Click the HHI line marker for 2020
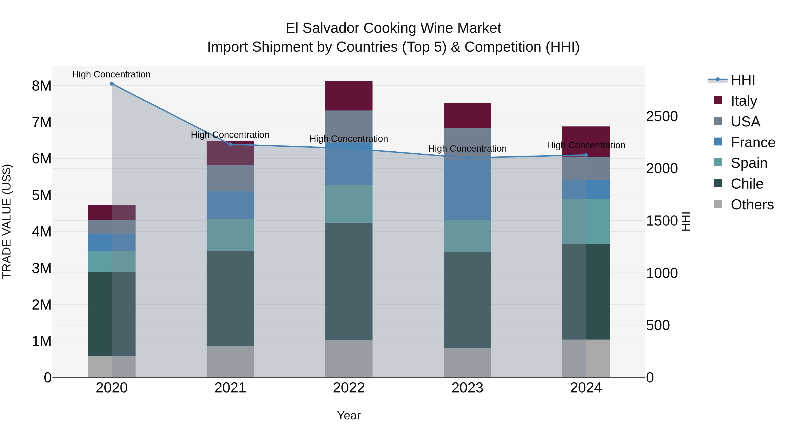pyautogui.click(x=111, y=84)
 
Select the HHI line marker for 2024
pyautogui.click(x=586, y=155)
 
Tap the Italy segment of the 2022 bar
pyautogui.click(x=349, y=96)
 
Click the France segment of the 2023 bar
pyautogui.click(x=467, y=189)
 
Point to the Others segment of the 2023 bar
pyautogui.click(x=467, y=362)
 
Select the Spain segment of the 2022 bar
pyautogui.click(x=349, y=204)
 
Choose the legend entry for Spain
pyautogui.click(x=749, y=163)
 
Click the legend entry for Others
pyautogui.click(x=752, y=205)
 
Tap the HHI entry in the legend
pyautogui.click(x=742, y=80)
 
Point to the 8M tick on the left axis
pyautogui.click(x=42, y=86)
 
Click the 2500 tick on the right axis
pyautogui.click(x=662, y=116)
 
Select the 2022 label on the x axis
pyautogui.click(x=349, y=388)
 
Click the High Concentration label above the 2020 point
pyautogui.click(x=111, y=74)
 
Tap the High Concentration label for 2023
pyautogui.click(x=467, y=149)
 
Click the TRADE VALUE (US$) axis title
pyautogui.click(x=7, y=221)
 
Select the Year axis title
pyautogui.click(x=349, y=415)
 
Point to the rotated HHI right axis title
pyautogui.click(x=686, y=221)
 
